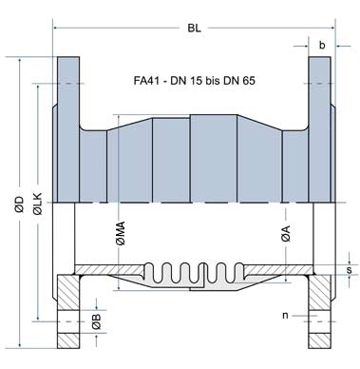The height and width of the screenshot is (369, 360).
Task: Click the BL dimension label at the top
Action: click(x=193, y=29)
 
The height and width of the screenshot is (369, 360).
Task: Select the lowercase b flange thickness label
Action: click(x=323, y=44)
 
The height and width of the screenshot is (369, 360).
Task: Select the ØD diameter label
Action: click(x=18, y=203)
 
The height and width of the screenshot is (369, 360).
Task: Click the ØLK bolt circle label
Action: click(x=36, y=203)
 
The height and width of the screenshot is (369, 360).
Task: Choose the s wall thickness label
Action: click(x=350, y=271)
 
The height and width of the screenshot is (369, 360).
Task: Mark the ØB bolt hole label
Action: click(x=96, y=322)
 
